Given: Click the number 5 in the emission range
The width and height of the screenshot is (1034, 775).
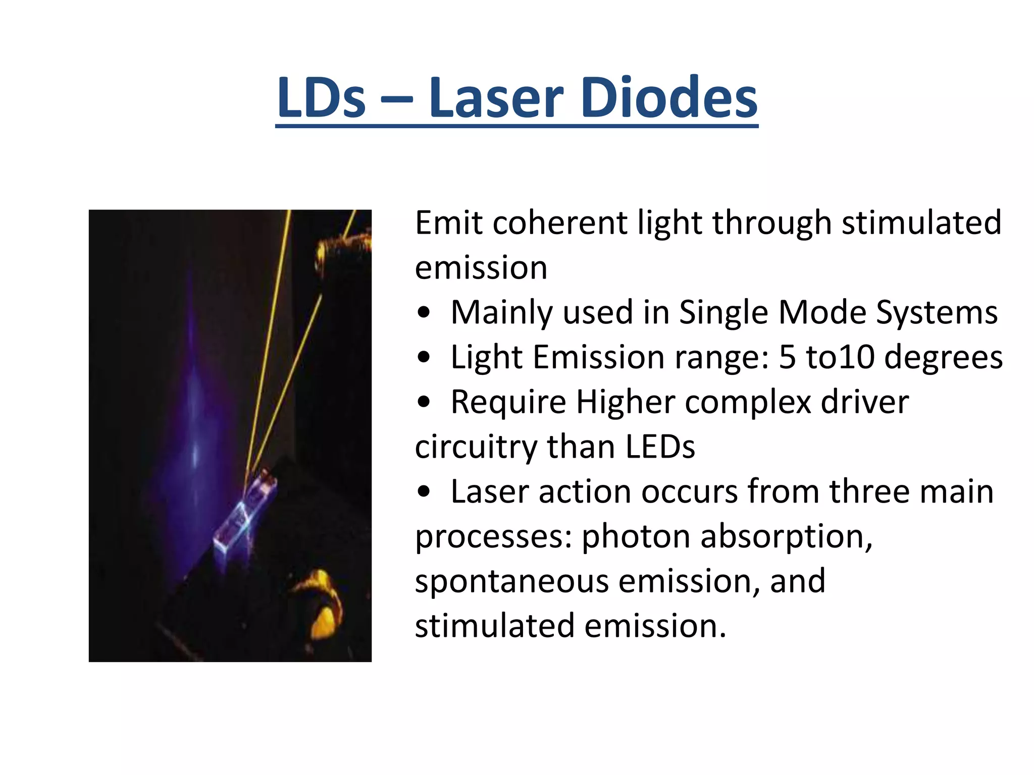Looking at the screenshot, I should [787, 357].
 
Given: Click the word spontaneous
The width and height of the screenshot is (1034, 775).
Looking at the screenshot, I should [512, 582].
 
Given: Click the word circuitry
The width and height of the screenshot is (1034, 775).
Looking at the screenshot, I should [476, 447].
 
